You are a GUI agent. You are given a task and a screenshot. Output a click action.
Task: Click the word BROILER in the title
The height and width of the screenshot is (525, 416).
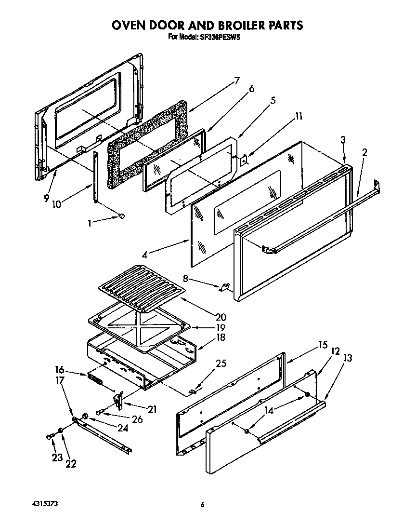(235, 25)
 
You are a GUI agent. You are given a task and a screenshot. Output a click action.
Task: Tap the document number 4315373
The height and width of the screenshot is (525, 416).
(35, 504)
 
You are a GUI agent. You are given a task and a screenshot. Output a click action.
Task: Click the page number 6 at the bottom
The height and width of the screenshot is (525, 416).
(203, 505)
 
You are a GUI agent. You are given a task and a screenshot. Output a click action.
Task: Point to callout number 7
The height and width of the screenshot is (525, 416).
(236, 81)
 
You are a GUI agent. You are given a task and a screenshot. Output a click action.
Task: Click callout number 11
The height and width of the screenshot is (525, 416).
(299, 116)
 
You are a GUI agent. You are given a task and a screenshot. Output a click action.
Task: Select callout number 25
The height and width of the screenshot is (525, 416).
(221, 363)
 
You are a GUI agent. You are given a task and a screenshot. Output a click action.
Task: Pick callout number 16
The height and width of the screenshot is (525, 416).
(60, 370)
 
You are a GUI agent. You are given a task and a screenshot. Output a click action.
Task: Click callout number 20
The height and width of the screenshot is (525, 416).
(221, 317)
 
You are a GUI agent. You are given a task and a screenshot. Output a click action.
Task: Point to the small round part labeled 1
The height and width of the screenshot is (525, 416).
(121, 215)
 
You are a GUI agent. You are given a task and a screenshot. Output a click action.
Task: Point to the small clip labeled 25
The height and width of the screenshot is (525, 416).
(192, 391)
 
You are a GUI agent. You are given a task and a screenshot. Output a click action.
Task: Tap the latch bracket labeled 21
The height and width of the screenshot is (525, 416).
(118, 398)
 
